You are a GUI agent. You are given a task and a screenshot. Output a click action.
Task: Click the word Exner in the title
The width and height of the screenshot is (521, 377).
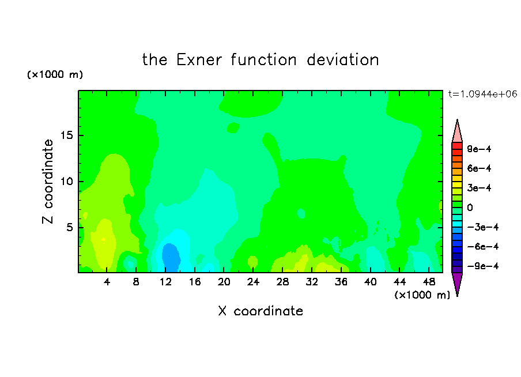click(x=199, y=60)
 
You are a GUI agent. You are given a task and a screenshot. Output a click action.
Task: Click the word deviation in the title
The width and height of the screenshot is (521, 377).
click(x=343, y=60)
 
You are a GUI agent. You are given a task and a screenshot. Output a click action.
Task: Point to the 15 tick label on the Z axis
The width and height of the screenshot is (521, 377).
click(x=67, y=135)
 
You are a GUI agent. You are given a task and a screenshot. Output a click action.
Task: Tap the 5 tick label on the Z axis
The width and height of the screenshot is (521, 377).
click(x=69, y=227)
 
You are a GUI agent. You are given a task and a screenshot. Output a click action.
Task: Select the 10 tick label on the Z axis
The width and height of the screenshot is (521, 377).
click(x=67, y=182)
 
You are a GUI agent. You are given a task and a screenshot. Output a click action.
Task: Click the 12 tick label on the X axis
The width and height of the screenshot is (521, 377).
click(x=165, y=282)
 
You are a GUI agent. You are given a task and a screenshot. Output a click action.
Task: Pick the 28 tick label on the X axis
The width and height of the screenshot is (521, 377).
click(x=282, y=282)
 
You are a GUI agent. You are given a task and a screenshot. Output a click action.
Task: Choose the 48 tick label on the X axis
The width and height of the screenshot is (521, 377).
click(x=429, y=282)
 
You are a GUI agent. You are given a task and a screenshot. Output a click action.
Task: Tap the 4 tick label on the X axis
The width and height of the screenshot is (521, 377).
click(x=107, y=282)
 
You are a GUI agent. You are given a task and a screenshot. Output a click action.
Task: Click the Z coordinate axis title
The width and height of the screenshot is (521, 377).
click(x=48, y=182)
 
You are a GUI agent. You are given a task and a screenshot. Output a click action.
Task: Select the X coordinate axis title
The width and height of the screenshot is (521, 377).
click(x=260, y=311)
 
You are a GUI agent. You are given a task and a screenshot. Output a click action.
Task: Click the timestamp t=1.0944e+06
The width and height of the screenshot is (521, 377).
click(x=482, y=94)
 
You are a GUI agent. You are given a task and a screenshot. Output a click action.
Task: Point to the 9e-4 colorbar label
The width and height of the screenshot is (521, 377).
click(x=479, y=149)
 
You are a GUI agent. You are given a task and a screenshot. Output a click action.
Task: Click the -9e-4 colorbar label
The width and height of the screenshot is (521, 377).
click(x=483, y=266)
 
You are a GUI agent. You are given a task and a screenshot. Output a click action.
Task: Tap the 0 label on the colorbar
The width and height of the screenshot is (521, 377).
click(x=470, y=208)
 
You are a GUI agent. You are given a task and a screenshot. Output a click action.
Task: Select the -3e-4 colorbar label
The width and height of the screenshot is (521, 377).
click(x=483, y=227)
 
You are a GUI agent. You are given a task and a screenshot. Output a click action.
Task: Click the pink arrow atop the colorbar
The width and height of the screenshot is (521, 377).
click(x=457, y=132)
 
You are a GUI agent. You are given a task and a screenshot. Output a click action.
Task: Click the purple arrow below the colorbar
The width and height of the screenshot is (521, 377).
click(x=457, y=282)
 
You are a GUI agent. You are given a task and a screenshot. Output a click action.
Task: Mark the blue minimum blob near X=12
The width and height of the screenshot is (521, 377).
click(x=171, y=257)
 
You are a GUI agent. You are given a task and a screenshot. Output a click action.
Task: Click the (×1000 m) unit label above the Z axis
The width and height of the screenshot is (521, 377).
click(x=55, y=74)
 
